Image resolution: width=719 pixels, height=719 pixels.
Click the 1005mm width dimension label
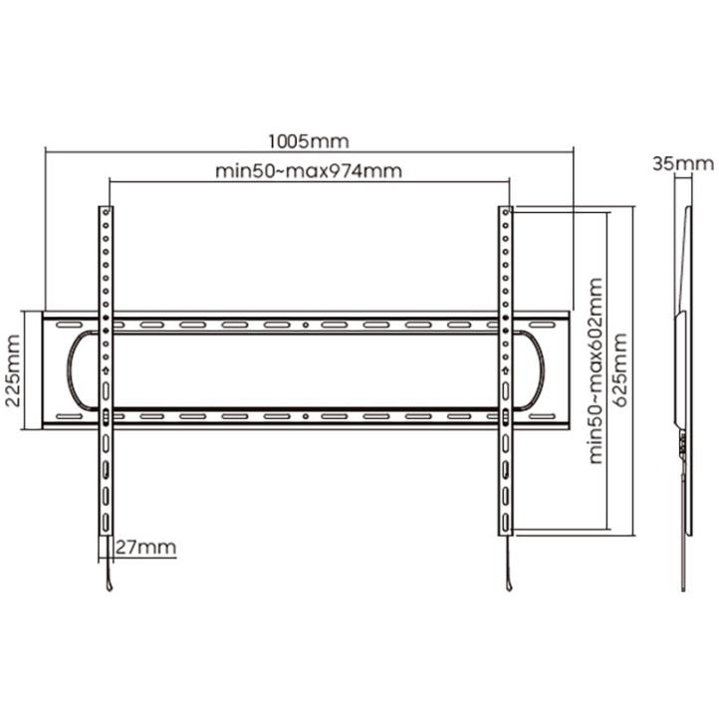[x=308, y=141]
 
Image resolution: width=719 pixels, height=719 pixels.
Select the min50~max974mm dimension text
[x=309, y=171]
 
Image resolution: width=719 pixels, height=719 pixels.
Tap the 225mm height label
[x=13, y=370]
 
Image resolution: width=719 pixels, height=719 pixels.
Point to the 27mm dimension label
[x=145, y=547]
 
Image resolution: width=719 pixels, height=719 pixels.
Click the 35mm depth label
[x=683, y=163]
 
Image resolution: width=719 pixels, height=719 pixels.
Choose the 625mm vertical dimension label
[x=619, y=370]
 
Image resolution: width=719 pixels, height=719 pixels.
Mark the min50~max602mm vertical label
[x=596, y=370]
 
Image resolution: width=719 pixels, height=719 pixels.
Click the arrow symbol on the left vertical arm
[x=106, y=369]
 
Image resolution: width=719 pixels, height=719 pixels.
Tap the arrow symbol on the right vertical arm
[x=505, y=369]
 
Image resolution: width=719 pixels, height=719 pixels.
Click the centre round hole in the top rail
[x=306, y=325]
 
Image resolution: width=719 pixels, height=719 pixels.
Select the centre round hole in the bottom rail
[x=306, y=416]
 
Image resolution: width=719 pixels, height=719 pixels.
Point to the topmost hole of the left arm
[x=106, y=212]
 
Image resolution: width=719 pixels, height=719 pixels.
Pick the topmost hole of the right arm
[x=505, y=212]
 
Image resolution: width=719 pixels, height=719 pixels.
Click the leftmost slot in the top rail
[x=70, y=325]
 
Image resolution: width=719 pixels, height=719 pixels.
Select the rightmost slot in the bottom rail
[x=543, y=416]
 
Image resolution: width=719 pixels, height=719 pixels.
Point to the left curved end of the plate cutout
[x=69, y=369]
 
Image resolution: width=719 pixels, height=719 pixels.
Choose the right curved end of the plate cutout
[x=543, y=369]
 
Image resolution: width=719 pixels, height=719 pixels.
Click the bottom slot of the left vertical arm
[x=106, y=522]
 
